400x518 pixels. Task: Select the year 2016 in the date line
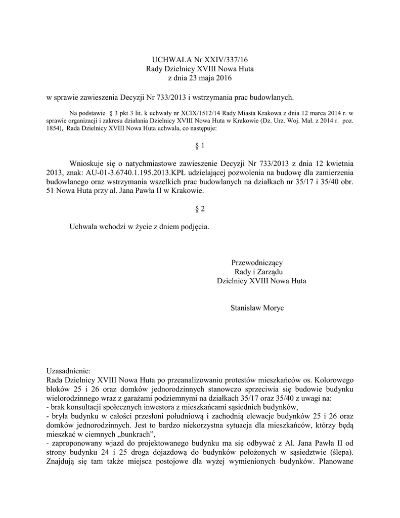pos(223,78)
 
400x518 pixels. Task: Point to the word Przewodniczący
pos(257,263)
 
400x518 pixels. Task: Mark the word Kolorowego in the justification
pos(336,379)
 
